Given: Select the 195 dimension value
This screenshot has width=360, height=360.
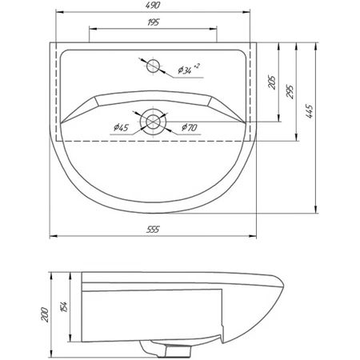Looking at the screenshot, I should [x=152, y=22].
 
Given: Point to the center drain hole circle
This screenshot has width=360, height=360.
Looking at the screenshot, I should [x=152, y=122].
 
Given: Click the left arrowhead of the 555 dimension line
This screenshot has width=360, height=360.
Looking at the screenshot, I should [x=53, y=238].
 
